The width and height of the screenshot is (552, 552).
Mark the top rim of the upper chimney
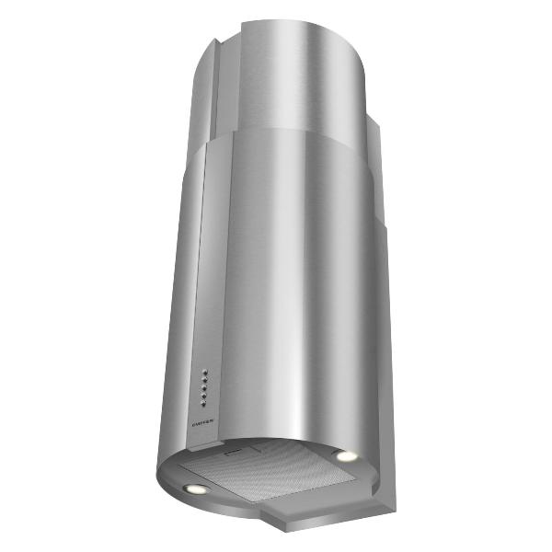[x=294, y=22]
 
